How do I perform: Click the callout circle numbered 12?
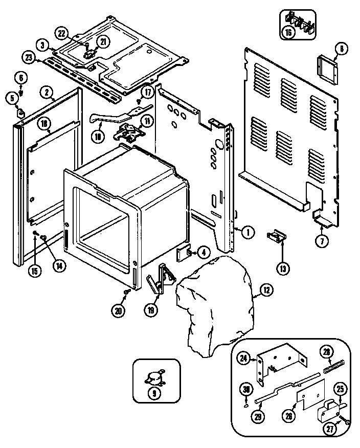coord(266,290)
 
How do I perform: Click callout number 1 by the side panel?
coord(247,232)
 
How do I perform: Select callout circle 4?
coord(204,252)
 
